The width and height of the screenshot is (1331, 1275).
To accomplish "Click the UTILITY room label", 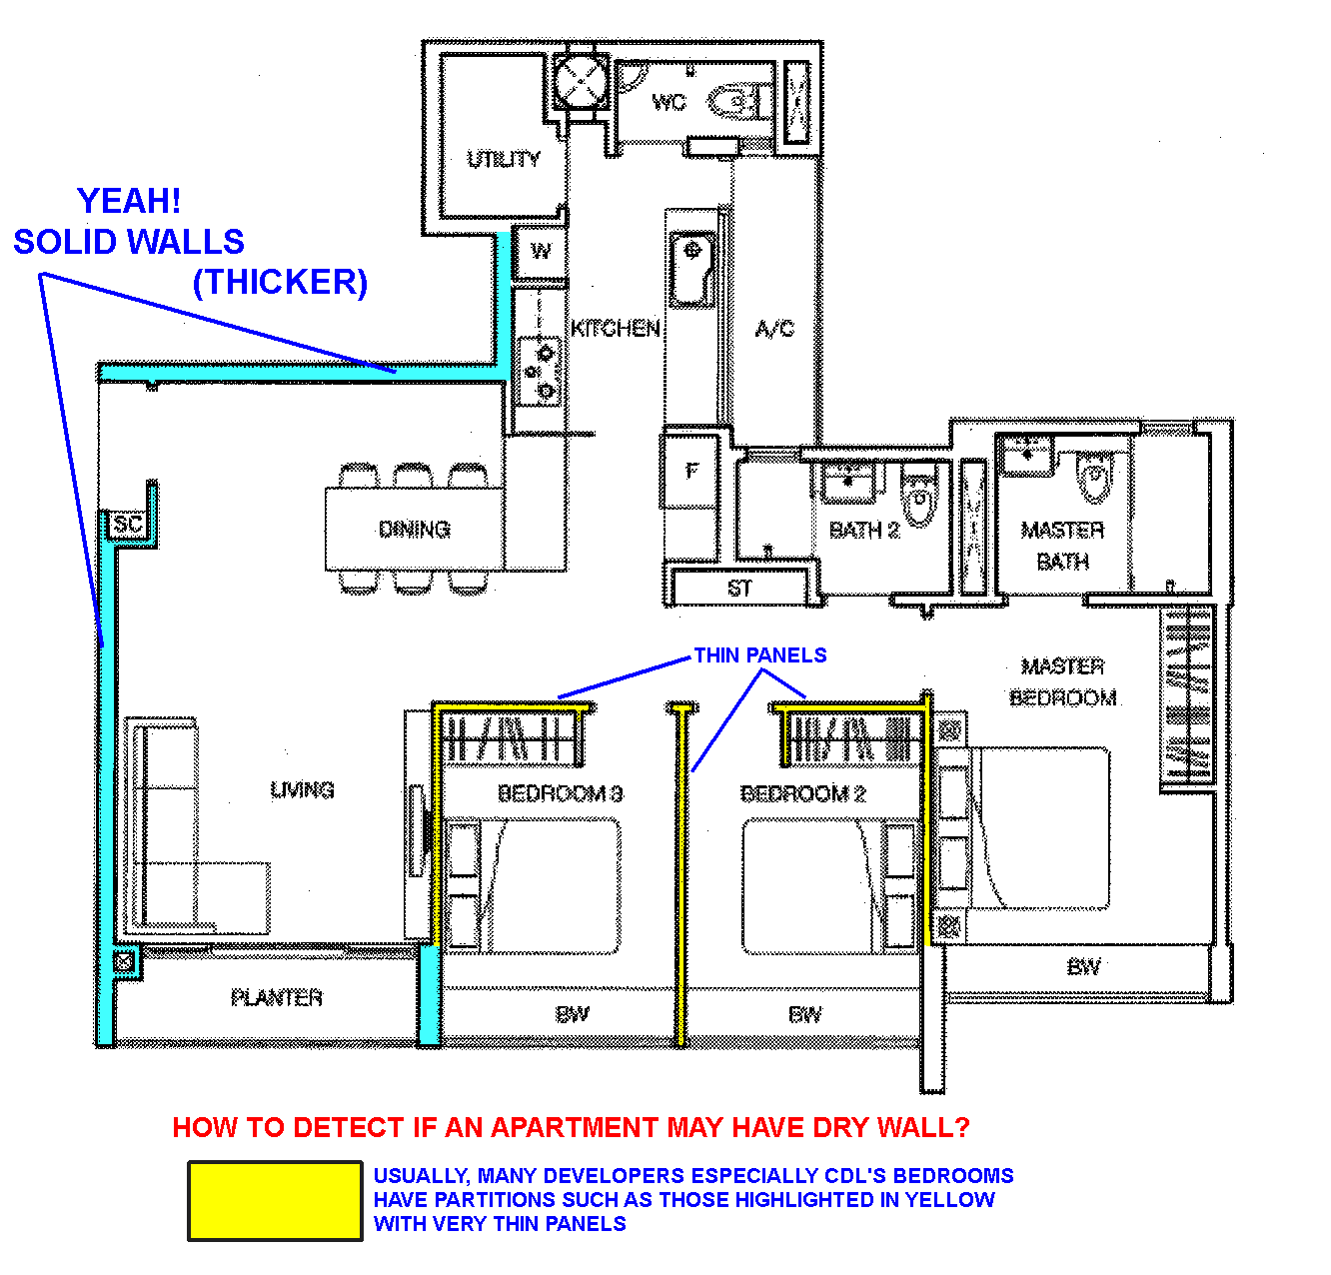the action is point(504,159).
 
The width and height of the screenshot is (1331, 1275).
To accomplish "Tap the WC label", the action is point(668,103).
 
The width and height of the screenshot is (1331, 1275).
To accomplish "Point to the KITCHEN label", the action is point(615,329).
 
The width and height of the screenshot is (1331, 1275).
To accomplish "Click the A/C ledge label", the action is point(775,329).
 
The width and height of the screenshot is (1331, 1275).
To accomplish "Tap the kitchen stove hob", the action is point(539,372).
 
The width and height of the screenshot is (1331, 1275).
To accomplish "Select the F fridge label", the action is point(692,470).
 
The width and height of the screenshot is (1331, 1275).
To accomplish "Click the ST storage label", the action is point(739,589).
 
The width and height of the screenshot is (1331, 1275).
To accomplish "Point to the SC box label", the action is point(128,524).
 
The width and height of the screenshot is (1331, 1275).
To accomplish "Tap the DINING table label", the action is point(415,530).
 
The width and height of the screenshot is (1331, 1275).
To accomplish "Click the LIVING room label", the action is point(302,790).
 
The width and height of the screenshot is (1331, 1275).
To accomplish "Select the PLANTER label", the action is point(277,998).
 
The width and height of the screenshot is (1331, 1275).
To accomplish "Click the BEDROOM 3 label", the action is point(561,793).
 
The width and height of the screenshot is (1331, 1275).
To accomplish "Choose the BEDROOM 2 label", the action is point(803,793).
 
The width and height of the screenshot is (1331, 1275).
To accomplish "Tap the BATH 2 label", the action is point(863,531).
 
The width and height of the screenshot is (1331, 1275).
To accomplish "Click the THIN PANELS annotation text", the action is point(759,655).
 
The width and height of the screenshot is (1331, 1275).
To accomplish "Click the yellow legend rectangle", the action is point(275,1200).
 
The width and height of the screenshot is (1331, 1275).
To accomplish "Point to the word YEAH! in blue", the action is point(129,201).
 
